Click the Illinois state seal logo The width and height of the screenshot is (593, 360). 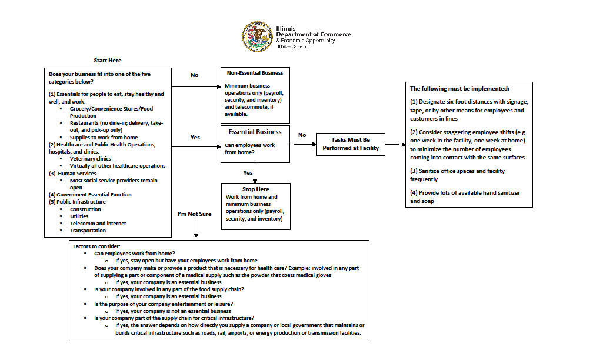(256, 37)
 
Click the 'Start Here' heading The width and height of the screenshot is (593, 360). (108, 61)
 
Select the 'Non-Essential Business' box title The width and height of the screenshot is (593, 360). (255, 73)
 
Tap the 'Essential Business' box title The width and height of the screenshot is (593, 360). (255, 132)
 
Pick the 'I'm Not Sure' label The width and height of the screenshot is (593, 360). (194, 214)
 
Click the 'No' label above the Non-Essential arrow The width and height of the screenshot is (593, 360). (195, 75)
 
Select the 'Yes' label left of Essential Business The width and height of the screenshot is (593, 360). (195, 138)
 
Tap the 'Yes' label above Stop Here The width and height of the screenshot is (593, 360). (248, 173)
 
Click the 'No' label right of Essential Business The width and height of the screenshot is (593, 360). (302, 135)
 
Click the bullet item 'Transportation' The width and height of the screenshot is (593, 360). (88, 231)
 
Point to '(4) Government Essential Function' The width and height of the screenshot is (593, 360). (90, 195)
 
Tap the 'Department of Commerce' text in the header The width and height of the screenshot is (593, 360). (314, 34)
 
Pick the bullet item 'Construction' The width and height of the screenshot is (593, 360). (85, 209)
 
